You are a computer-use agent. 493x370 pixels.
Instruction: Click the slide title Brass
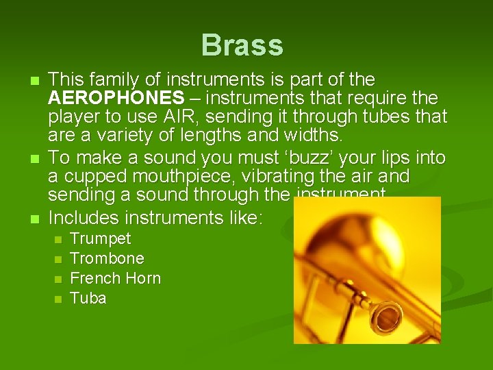pos(242,46)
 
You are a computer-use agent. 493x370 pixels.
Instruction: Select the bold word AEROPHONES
pos(116,97)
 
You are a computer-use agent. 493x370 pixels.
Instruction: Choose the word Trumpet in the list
pos(101,239)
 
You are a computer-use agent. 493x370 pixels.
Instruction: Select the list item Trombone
pos(107,259)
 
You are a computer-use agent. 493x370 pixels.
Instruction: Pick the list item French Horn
pos(116,279)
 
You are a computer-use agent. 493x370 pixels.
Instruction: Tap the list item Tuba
pos(88,299)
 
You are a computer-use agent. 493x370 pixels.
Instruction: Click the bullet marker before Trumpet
pos(58,240)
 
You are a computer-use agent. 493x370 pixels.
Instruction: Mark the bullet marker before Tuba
pos(58,299)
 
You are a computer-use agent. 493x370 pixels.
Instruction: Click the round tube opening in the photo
pos(385,317)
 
